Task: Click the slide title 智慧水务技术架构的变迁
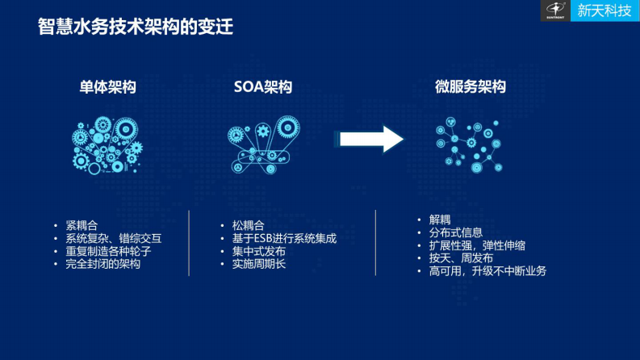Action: [x=136, y=27]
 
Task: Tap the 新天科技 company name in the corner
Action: [x=604, y=10]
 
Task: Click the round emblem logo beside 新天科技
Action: [x=555, y=10]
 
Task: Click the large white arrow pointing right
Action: [x=370, y=139]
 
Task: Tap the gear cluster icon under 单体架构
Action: [x=107, y=144]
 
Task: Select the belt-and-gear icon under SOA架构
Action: [x=262, y=144]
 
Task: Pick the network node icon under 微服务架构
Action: [x=468, y=145]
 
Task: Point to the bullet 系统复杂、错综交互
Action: [x=114, y=238]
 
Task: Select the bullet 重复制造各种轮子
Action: [x=108, y=251]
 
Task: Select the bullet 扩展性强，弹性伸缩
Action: [x=477, y=245]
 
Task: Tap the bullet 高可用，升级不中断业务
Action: [x=487, y=271]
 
